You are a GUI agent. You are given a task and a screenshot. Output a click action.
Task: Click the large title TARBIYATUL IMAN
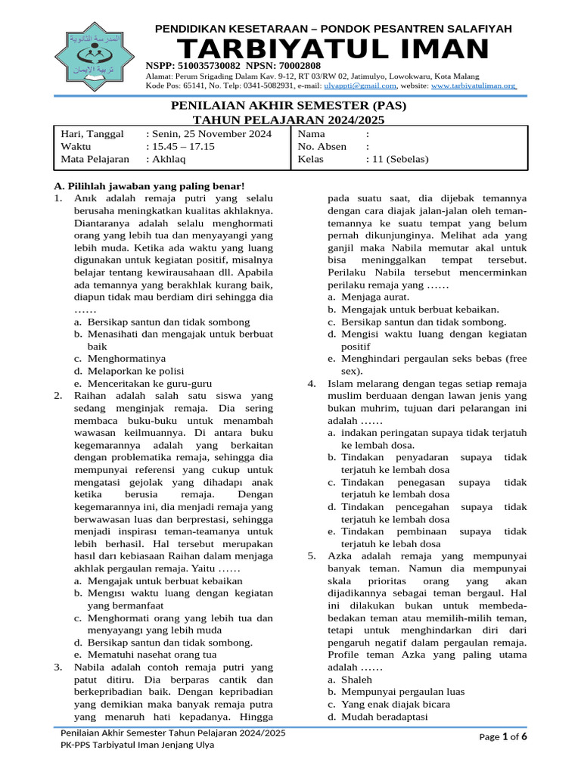click(x=333, y=51)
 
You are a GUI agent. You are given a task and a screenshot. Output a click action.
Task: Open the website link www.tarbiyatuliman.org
click(x=473, y=87)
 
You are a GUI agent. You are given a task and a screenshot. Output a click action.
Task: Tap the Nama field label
click(x=312, y=134)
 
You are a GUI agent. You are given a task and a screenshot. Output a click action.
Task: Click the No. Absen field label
click(x=322, y=147)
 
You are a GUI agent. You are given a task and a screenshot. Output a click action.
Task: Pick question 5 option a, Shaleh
click(x=358, y=680)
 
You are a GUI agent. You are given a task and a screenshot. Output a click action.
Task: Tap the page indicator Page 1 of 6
click(x=503, y=737)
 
